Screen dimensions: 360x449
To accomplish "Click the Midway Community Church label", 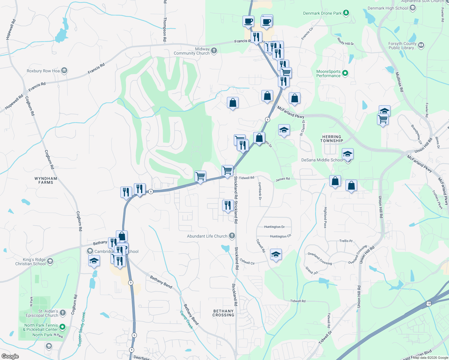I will pos(191,51).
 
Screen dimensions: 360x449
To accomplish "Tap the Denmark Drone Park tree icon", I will pos(346,13).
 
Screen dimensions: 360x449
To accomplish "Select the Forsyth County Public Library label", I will pos(402,46).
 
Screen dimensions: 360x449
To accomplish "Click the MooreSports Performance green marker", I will pos(345,73).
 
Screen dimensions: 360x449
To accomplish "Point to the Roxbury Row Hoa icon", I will pos(64,71).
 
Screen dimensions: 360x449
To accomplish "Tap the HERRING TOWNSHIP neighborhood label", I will pos(332,139).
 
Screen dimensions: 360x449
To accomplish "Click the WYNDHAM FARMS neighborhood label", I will pos(46,180).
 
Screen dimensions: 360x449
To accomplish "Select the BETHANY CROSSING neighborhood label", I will pos(223,313).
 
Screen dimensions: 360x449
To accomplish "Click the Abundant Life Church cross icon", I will pos(232,236).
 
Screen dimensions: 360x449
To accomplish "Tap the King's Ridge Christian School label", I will pos(31,262).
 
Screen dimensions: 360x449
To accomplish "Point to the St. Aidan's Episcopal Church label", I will pos(42,313).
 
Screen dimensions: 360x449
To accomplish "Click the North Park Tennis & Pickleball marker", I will pos(62,327).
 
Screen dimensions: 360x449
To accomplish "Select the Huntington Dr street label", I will pos(274,227).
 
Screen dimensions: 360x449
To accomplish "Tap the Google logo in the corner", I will pos(10,356).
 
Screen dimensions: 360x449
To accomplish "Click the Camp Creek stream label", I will pos(186,320).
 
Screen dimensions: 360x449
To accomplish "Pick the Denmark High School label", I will pos(388,8).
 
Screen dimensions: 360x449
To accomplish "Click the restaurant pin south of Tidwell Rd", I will pos(228,206).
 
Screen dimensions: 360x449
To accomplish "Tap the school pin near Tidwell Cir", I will pos(276,255).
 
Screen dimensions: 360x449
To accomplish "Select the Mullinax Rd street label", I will pos(399,82).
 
